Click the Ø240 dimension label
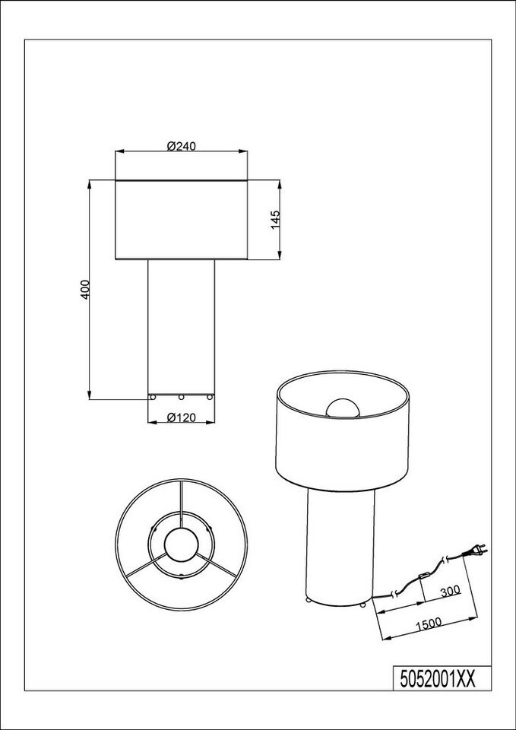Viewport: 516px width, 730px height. (x=181, y=146)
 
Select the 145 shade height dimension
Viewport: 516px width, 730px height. (x=275, y=220)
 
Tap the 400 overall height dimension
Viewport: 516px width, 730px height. (x=84, y=290)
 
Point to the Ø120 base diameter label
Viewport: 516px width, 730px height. (x=181, y=417)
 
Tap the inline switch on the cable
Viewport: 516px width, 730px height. (x=424, y=576)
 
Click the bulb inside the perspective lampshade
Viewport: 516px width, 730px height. (x=343, y=408)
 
